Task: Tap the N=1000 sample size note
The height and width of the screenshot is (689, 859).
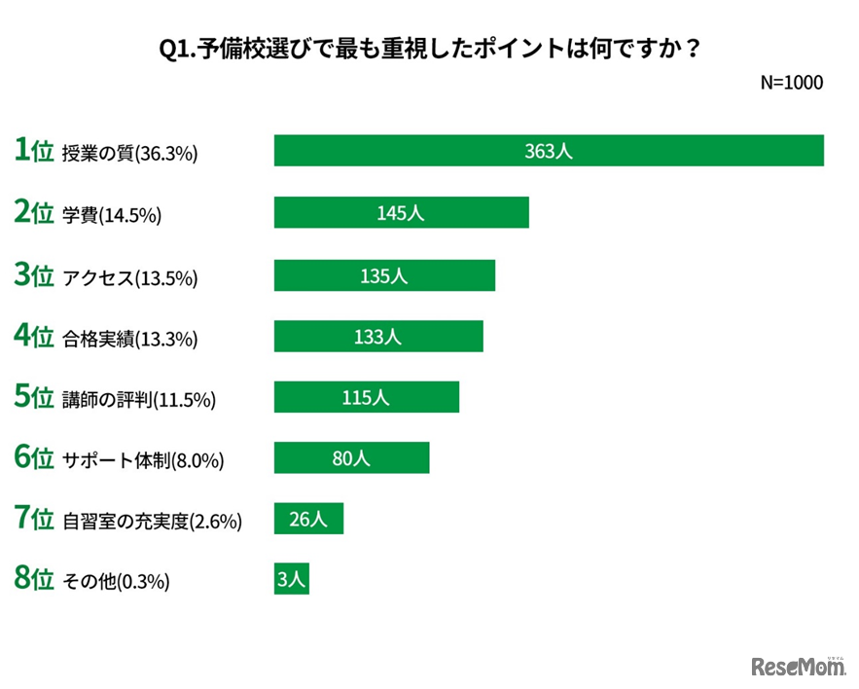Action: [x=791, y=83]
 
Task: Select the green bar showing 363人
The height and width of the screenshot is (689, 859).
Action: [x=549, y=151]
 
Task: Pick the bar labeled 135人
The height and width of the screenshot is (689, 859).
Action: [x=384, y=275]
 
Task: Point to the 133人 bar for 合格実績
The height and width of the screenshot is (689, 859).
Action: [x=378, y=337]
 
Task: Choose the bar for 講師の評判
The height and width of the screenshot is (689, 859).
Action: [x=367, y=397]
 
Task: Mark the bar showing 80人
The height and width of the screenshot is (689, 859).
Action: [x=351, y=458]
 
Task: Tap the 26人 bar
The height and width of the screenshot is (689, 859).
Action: [x=308, y=520]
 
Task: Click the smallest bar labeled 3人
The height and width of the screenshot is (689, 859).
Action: [x=292, y=580]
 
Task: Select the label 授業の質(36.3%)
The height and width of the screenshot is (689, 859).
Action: [x=129, y=154]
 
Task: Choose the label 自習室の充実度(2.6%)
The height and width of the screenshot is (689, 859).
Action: [x=152, y=523]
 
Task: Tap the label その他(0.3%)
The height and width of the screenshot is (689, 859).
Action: [x=116, y=582]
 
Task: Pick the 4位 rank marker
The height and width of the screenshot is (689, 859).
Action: [x=33, y=337]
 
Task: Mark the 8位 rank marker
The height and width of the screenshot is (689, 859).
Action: [x=33, y=580]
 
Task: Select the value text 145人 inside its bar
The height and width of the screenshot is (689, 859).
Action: [x=401, y=213]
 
